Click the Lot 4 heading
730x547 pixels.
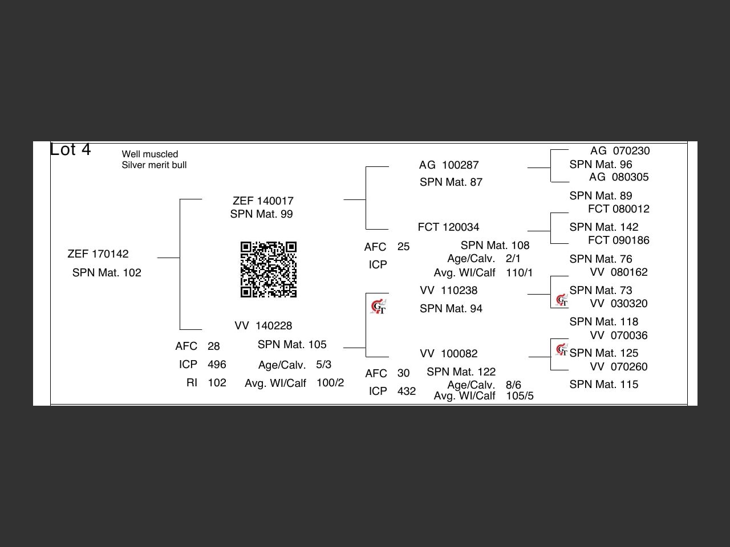[x=70, y=149]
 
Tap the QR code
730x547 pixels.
[x=268, y=270]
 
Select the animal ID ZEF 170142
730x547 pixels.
[x=98, y=254]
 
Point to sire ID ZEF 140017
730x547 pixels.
[x=263, y=201]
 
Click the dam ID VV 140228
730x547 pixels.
[x=263, y=326]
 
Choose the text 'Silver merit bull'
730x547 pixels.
[x=154, y=165]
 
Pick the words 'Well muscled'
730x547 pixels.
[x=150, y=154]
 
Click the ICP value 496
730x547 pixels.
[x=217, y=365]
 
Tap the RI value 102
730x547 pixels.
[x=217, y=383]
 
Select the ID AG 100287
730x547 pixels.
[x=449, y=165]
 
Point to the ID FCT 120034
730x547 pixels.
[x=448, y=227]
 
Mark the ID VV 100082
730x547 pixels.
[x=449, y=354]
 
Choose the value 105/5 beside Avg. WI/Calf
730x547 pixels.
[x=520, y=396]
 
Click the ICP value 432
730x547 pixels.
[x=406, y=391]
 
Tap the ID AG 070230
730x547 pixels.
[x=620, y=151]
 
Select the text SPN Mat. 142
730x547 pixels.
[x=604, y=227]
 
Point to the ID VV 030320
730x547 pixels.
[x=619, y=304]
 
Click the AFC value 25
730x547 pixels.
[x=403, y=247]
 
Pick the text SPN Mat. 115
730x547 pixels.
[x=604, y=385]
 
